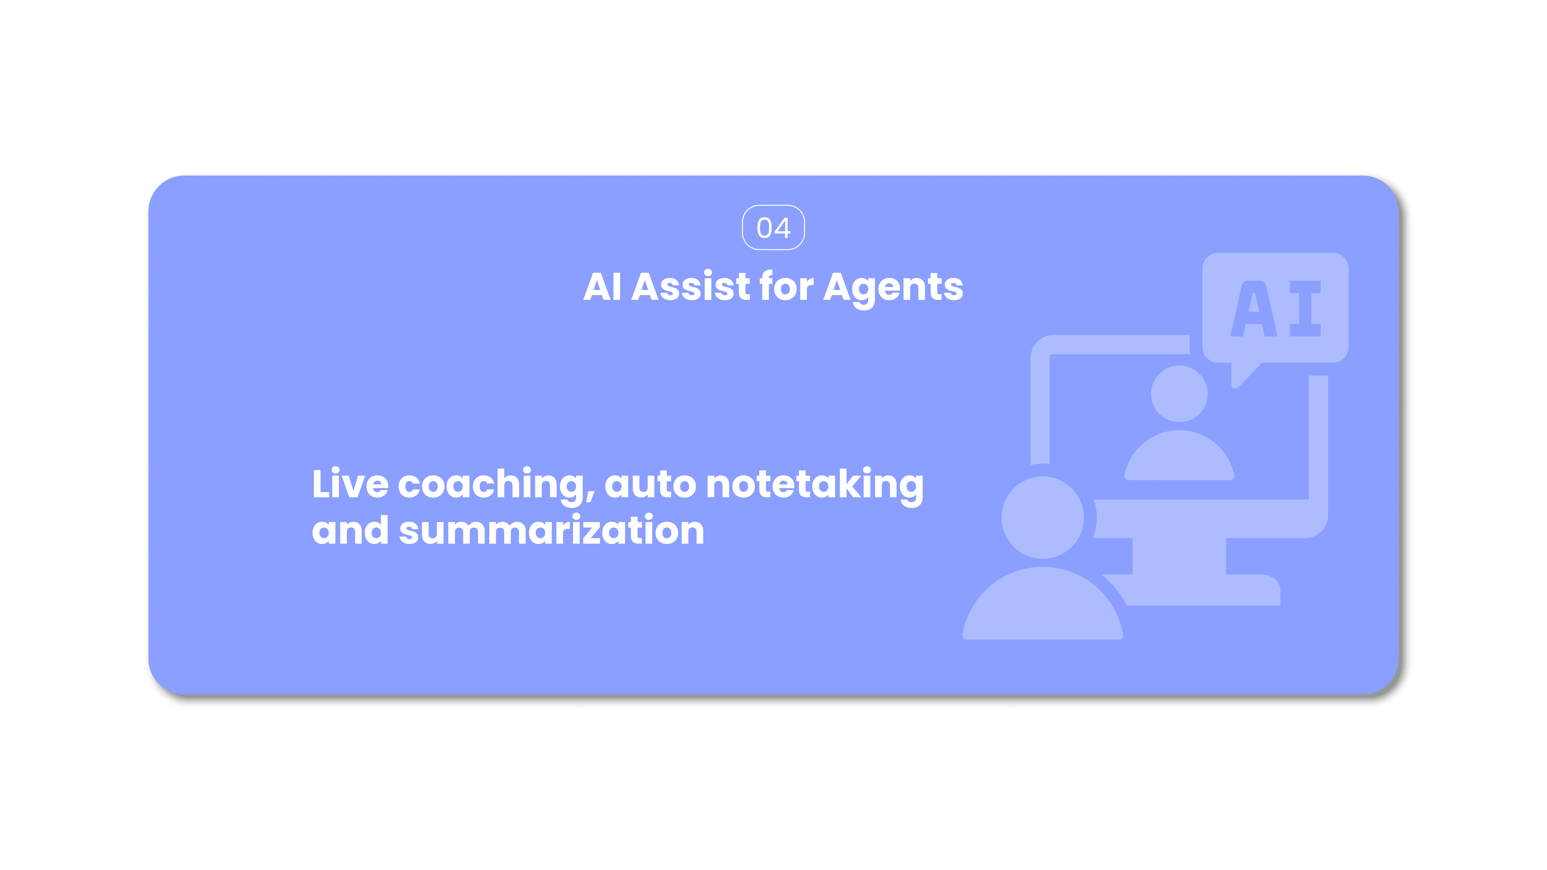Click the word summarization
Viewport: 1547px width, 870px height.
click(x=551, y=531)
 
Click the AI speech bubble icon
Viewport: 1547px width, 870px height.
click(x=1275, y=308)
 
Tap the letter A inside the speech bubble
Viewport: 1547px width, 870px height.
click(x=1253, y=309)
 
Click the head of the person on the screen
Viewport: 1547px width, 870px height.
click(x=1179, y=394)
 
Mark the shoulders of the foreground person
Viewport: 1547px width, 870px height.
click(x=1042, y=606)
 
